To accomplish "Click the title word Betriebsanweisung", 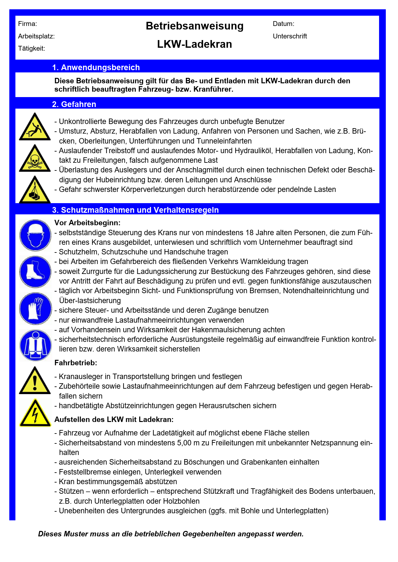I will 195,26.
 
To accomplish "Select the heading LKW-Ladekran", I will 195,44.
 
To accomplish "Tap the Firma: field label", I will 28,24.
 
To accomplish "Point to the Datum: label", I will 283,24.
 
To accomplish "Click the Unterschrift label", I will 290,36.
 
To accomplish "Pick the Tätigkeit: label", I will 31,48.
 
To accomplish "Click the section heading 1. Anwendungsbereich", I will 96,68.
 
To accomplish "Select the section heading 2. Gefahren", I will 74,104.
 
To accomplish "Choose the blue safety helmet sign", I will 35,235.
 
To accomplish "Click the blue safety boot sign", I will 35,272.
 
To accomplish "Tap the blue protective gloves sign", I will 35,309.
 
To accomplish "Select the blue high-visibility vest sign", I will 35,345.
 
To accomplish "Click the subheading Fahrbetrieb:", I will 76,363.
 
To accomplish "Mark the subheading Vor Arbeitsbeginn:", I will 88,223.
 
